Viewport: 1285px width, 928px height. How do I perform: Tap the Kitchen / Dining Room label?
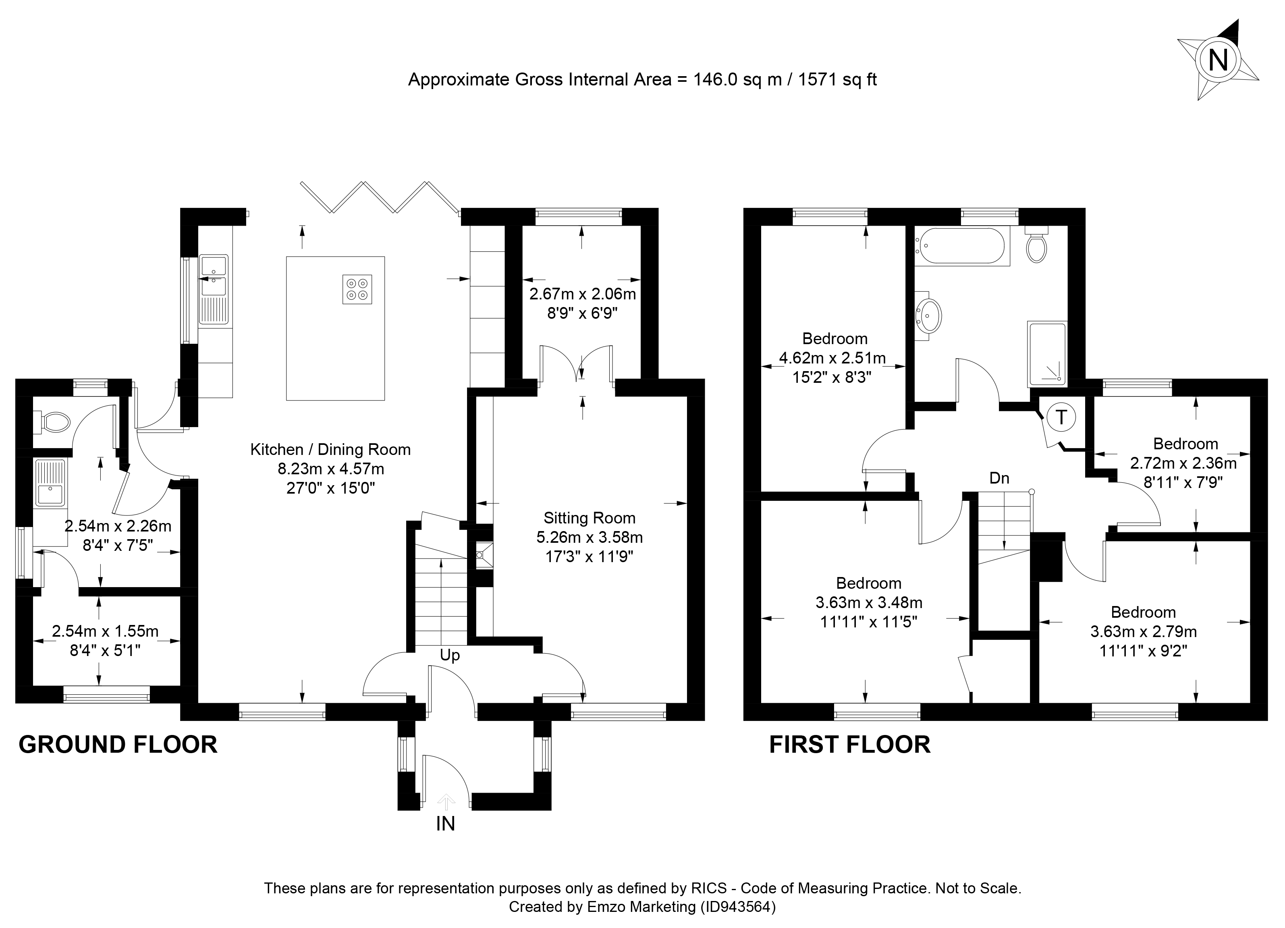pyautogui.click(x=330, y=450)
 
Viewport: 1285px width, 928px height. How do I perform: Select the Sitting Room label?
pyautogui.click(x=589, y=518)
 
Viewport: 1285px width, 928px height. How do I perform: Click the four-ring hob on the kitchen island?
pyautogui.click(x=357, y=289)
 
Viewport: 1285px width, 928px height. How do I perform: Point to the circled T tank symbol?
pyautogui.click(x=1061, y=417)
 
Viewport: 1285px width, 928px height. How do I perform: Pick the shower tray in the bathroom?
pyautogui.click(x=1047, y=355)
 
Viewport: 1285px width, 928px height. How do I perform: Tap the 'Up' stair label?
pyautogui.click(x=450, y=656)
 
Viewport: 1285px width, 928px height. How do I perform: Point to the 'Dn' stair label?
pyautogui.click(x=999, y=478)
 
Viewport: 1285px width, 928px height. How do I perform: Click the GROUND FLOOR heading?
pyautogui.click(x=118, y=744)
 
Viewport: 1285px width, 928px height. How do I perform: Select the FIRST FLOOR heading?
pyautogui.click(x=849, y=744)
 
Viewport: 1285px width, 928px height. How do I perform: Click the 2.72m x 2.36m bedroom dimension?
pyautogui.click(x=1183, y=463)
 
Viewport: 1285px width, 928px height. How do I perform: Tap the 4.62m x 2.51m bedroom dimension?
pyautogui.click(x=832, y=358)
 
